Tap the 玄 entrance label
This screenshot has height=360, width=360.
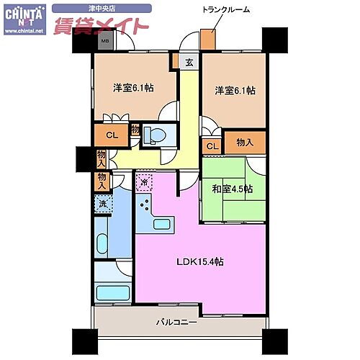[x=189, y=63]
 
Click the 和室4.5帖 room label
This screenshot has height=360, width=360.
[x=233, y=189]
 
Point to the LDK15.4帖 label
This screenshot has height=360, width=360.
[x=202, y=261]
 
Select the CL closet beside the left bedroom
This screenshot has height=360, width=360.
[x=112, y=135]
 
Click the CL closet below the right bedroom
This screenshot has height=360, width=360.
[x=212, y=146]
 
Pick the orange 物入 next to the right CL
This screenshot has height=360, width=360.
[x=245, y=143]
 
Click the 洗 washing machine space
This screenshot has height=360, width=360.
[x=103, y=204]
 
